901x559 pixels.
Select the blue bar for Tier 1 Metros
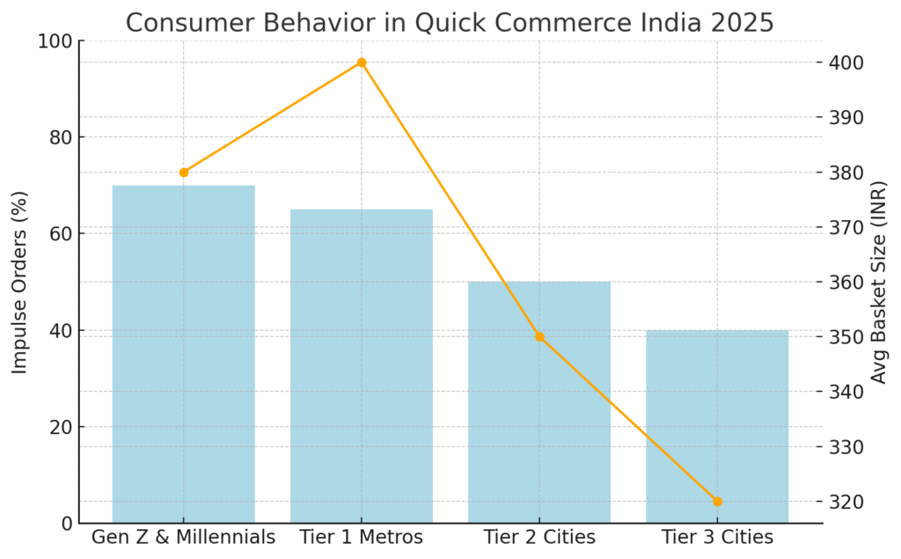pyautogui.click(x=361, y=366)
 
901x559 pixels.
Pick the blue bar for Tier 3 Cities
pyautogui.click(x=716, y=426)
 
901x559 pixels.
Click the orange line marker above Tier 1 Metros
pyautogui.click(x=361, y=63)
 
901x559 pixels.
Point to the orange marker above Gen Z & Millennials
pyautogui.click(x=183, y=173)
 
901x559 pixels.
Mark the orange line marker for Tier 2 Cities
pyautogui.click(x=539, y=336)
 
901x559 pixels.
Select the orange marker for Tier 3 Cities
pyautogui.click(x=717, y=502)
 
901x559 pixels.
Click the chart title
pyautogui.click(x=450, y=21)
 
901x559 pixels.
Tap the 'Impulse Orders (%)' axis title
pyautogui.click(x=20, y=282)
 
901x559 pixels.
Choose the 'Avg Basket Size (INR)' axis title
pyautogui.click(x=879, y=282)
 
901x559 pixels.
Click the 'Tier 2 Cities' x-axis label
pyautogui.click(x=539, y=537)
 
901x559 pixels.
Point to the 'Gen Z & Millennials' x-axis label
pyautogui.click(x=183, y=537)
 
